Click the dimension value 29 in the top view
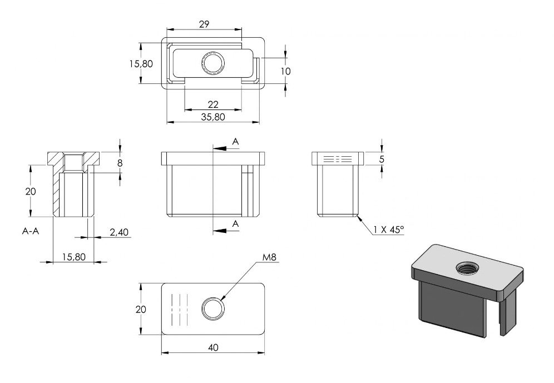[x=204, y=24]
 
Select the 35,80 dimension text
[x=213, y=117]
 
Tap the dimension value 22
[x=213, y=105]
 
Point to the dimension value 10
[x=285, y=71]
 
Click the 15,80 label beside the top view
[x=141, y=64]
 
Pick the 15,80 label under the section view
[x=74, y=257]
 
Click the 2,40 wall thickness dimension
[x=119, y=232]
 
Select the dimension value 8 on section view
[x=120, y=163]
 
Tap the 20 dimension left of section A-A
[x=31, y=191]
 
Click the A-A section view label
[x=31, y=231]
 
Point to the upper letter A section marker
[x=236, y=142]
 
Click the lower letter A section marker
[x=236, y=223]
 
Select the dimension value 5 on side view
[x=382, y=159]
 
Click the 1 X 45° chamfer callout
[x=389, y=230]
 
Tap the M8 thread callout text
[x=269, y=257]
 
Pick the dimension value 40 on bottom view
[x=213, y=347]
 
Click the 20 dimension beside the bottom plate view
[x=141, y=309]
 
